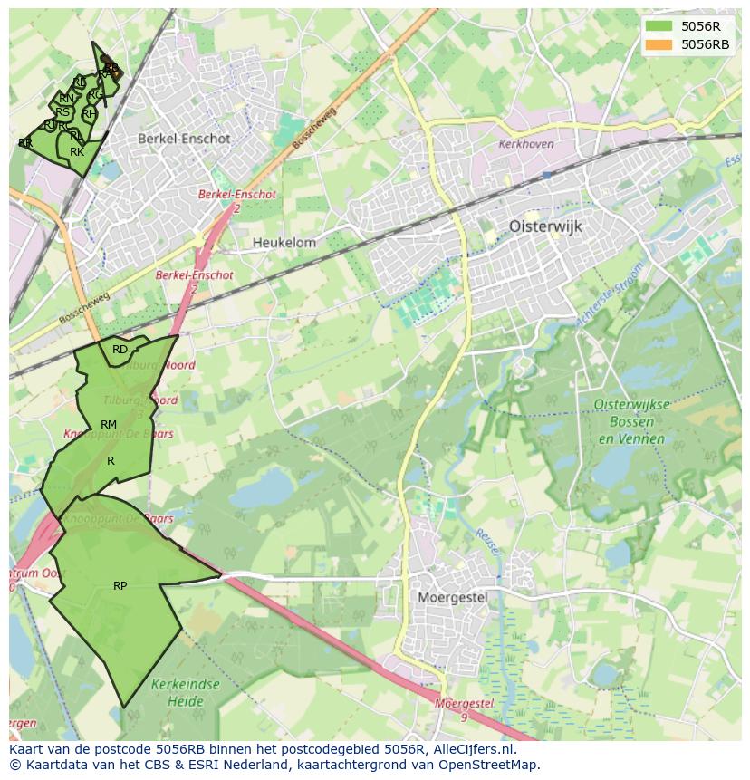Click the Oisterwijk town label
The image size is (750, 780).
pyautogui.click(x=545, y=226)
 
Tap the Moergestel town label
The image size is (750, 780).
pyautogui.click(x=453, y=597)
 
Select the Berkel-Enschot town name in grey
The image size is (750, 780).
pyautogui.click(x=184, y=139)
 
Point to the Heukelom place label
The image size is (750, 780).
pyautogui.click(x=284, y=243)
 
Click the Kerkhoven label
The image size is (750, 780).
pyautogui.click(x=525, y=144)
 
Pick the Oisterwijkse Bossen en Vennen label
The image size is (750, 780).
pyautogui.click(x=631, y=421)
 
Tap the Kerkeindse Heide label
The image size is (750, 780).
pyautogui.click(x=186, y=693)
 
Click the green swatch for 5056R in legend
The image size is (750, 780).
pyautogui.click(x=659, y=26)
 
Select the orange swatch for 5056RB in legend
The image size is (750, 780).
pyautogui.click(x=659, y=43)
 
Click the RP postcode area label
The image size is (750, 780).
pyautogui.click(x=120, y=586)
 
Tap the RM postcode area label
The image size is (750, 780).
pyautogui.click(x=109, y=425)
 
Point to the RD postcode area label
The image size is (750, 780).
pyautogui.click(x=120, y=350)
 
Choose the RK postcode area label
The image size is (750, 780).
pyautogui.click(x=77, y=152)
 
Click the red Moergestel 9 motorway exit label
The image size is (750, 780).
pyautogui.click(x=463, y=708)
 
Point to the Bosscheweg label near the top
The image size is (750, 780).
pyautogui.click(x=314, y=129)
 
